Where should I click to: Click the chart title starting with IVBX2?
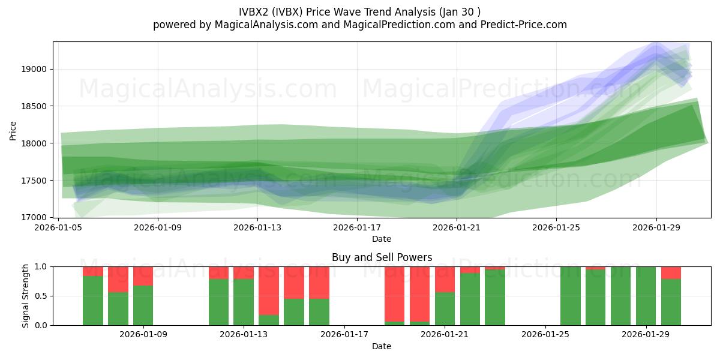(359, 11)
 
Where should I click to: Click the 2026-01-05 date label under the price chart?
(58, 227)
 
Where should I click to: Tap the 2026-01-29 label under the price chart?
(656, 227)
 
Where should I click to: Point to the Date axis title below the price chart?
(382, 239)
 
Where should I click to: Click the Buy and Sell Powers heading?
(382, 257)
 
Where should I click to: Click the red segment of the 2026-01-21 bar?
(445, 280)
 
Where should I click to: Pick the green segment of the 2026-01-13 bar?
(244, 302)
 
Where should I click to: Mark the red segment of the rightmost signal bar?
(671, 273)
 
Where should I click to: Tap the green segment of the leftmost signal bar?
(93, 300)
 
